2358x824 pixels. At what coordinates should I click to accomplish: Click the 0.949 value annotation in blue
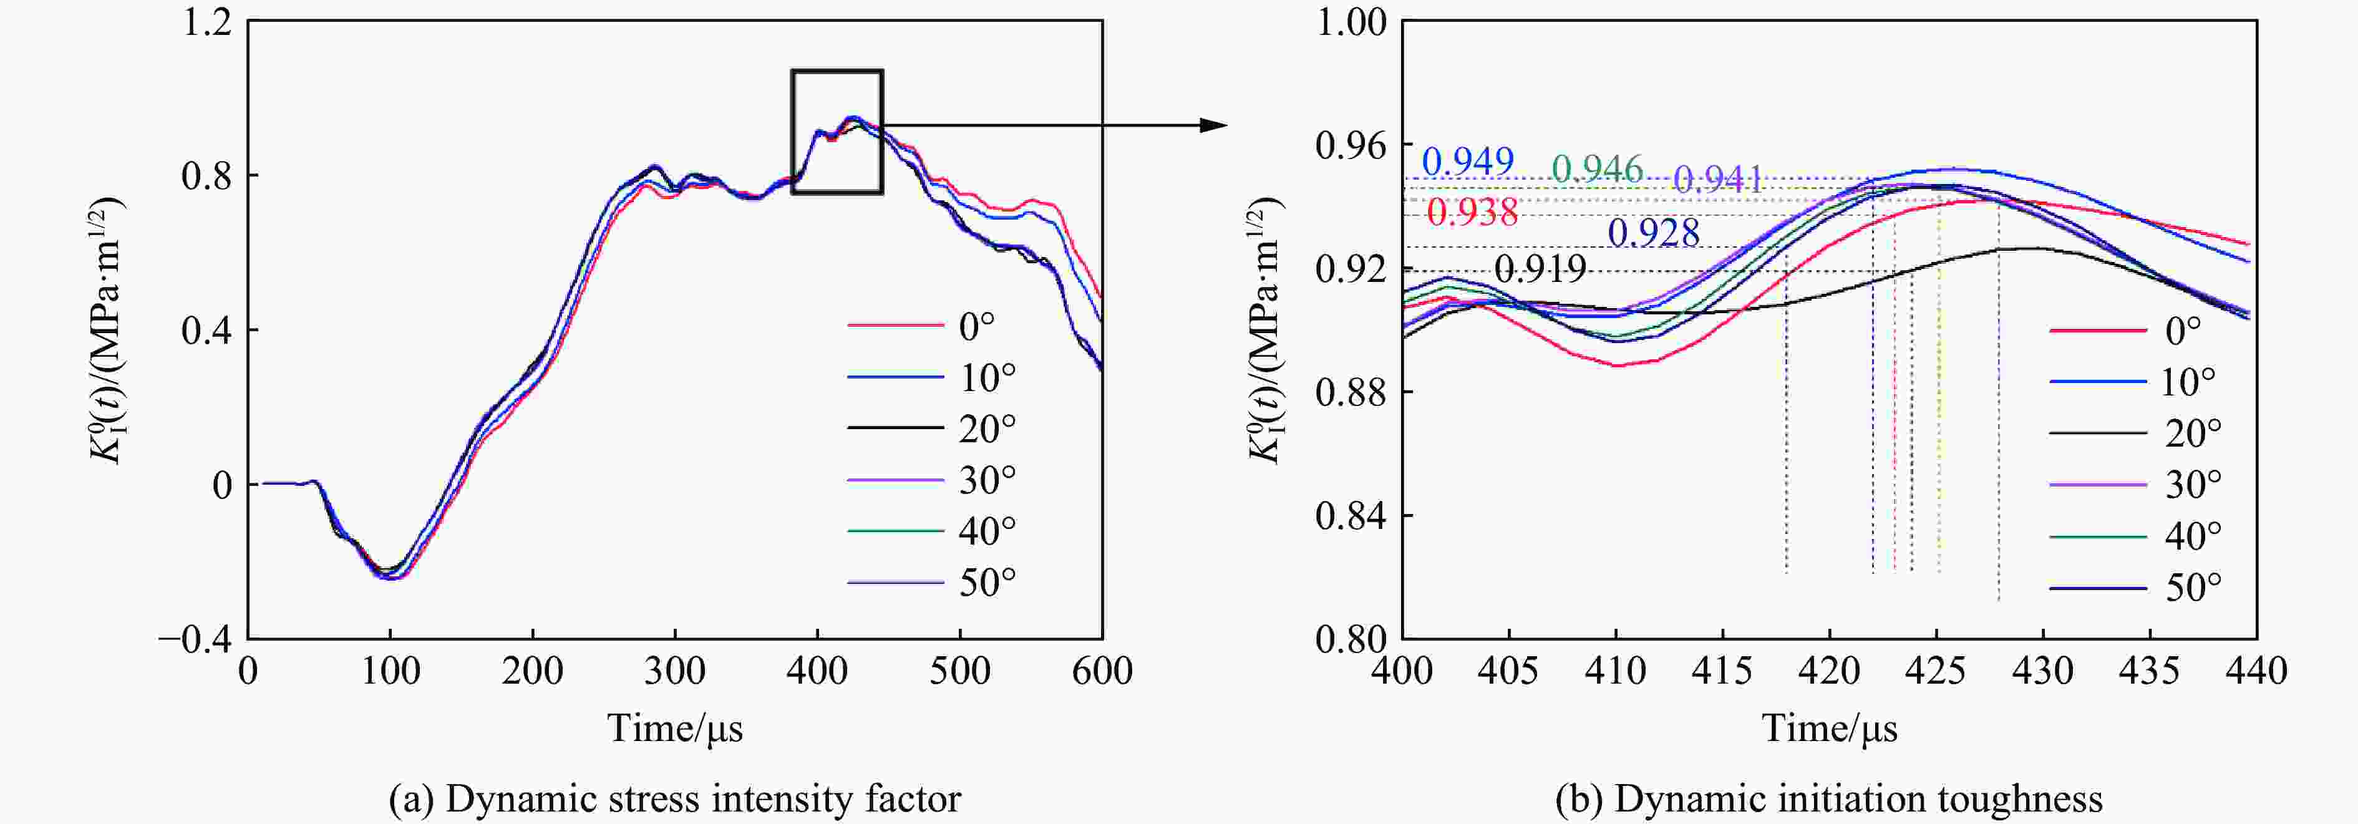(1467, 162)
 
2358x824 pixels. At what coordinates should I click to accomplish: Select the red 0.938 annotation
(1472, 213)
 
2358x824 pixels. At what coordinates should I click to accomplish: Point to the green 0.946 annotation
(1598, 170)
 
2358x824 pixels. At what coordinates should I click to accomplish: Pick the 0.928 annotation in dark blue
(1653, 233)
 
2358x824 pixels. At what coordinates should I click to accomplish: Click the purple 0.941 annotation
(1718, 180)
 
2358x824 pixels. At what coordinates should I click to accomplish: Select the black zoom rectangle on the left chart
(837, 71)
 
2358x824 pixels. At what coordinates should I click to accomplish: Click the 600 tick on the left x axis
(1101, 672)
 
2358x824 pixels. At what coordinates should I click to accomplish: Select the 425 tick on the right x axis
(1935, 672)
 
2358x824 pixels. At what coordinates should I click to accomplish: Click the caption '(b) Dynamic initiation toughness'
(1828, 799)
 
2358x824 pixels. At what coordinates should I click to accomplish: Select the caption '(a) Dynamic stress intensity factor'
(674, 799)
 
